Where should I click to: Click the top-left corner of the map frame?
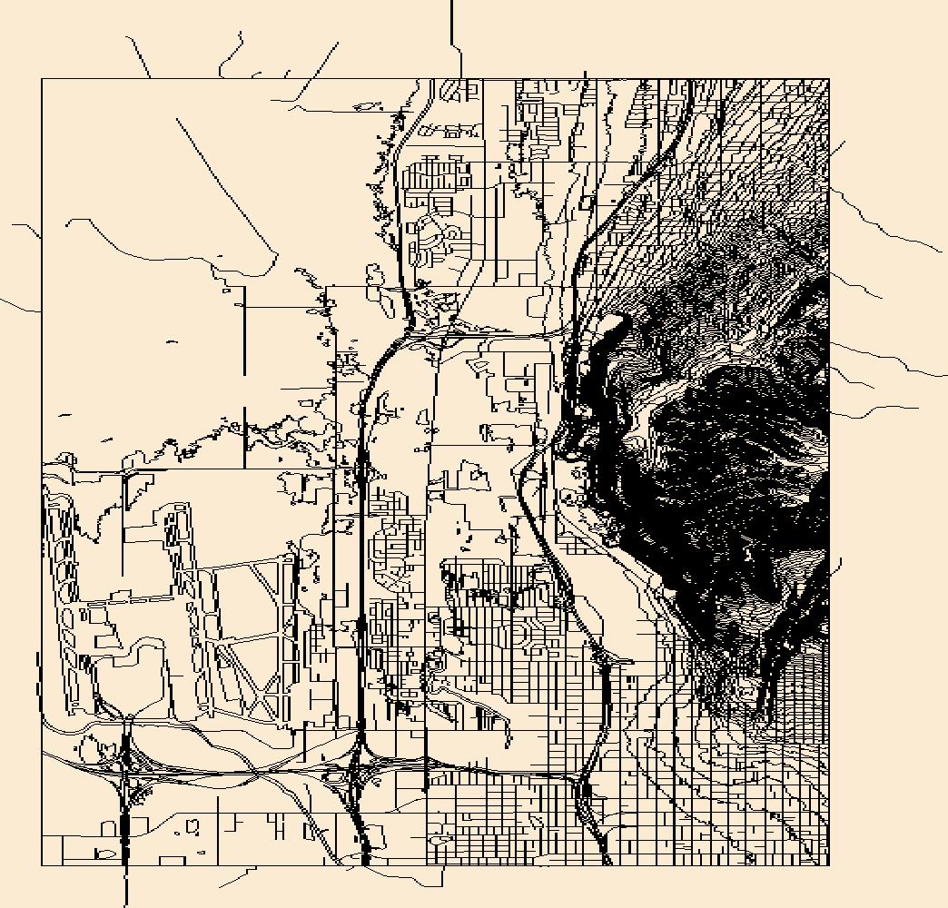tap(42, 79)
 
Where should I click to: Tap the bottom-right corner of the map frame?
tap(829, 865)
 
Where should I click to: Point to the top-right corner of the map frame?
tap(829, 79)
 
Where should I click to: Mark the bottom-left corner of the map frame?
tap(42, 865)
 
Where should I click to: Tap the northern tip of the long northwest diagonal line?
tap(177, 118)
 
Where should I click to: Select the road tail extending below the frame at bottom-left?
tap(125, 885)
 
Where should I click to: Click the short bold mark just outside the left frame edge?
tap(36, 667)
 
